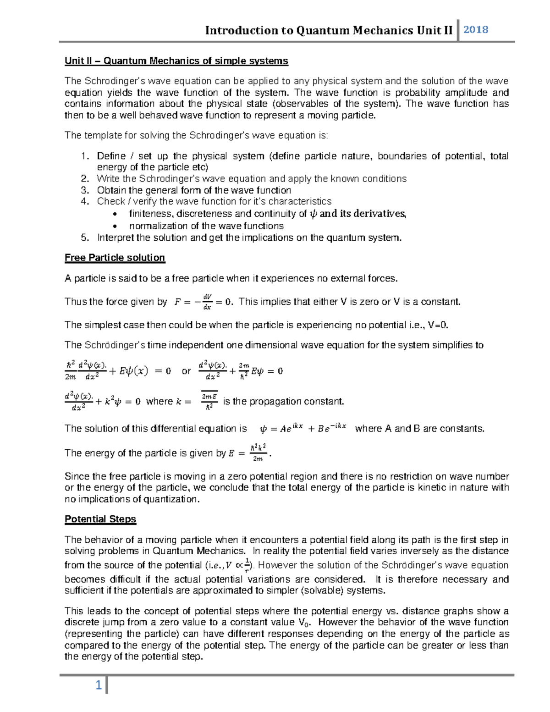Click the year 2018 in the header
point(476,30)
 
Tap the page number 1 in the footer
point(98,685)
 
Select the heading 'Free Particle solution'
point(115,258)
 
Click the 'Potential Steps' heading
point(100,519)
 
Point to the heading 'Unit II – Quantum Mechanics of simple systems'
point(176,61)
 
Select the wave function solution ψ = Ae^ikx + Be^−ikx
point(303,429)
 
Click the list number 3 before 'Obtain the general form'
point(84,190)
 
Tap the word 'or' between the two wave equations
point(186,371)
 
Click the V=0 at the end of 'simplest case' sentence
point(438,325)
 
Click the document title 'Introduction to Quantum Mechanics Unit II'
point(329,31)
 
